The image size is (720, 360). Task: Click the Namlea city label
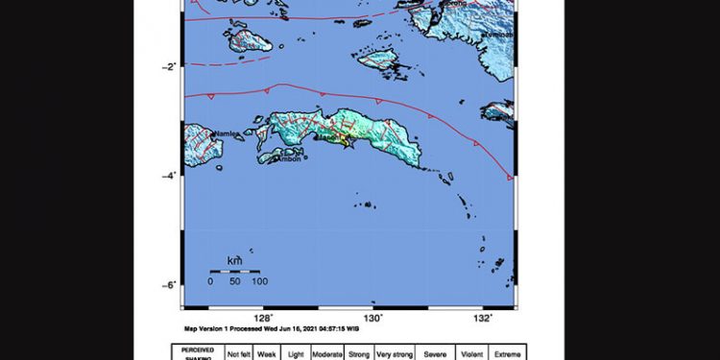[227, 133]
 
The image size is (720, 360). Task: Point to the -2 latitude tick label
[169, 66]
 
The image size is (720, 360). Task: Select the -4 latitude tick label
[169, 176]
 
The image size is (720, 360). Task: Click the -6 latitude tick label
[169, 285]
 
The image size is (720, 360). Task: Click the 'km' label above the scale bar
[234, 260]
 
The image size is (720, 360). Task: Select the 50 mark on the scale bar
[235, 281]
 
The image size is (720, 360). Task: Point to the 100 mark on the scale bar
[259, 281]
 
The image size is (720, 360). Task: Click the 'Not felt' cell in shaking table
[237, 353]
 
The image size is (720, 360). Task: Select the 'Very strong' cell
[395, 353]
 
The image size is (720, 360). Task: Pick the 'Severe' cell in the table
[436, 353]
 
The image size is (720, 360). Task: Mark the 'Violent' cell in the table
[470, 353]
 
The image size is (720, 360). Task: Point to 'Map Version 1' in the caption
[210, 328]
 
